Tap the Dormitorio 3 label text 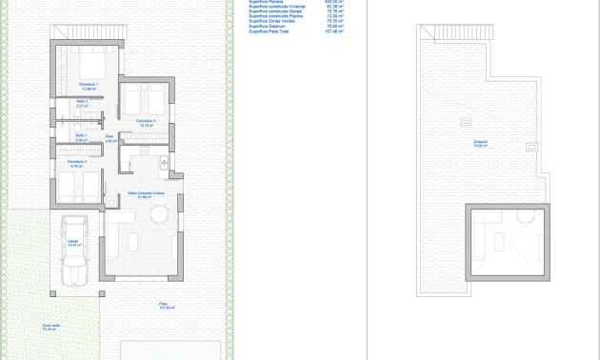pyautogui.click(x=146, y=122)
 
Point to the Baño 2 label pyautogui.click(x=81, y=103)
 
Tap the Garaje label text pyautogui.click(x=72, y=242)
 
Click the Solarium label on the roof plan pyautogui.click(x=480, y=144)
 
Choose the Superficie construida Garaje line pyautogui.click(x=275, y=11)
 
